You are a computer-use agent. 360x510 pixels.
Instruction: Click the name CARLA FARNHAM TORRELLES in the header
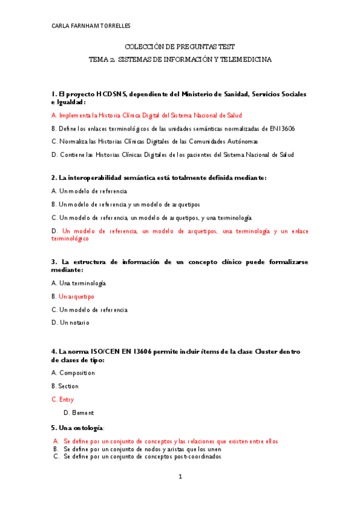[x=91, y=26]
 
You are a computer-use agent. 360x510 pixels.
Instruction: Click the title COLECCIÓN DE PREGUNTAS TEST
[x=180, y=47]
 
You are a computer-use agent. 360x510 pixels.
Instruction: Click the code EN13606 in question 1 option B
[x=282, y=129]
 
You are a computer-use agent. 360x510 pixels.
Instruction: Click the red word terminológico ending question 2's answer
[x=70, y=239]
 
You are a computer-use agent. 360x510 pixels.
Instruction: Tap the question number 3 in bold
[x=53, y=262]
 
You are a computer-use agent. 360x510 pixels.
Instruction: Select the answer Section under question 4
[x=68, y=386]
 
